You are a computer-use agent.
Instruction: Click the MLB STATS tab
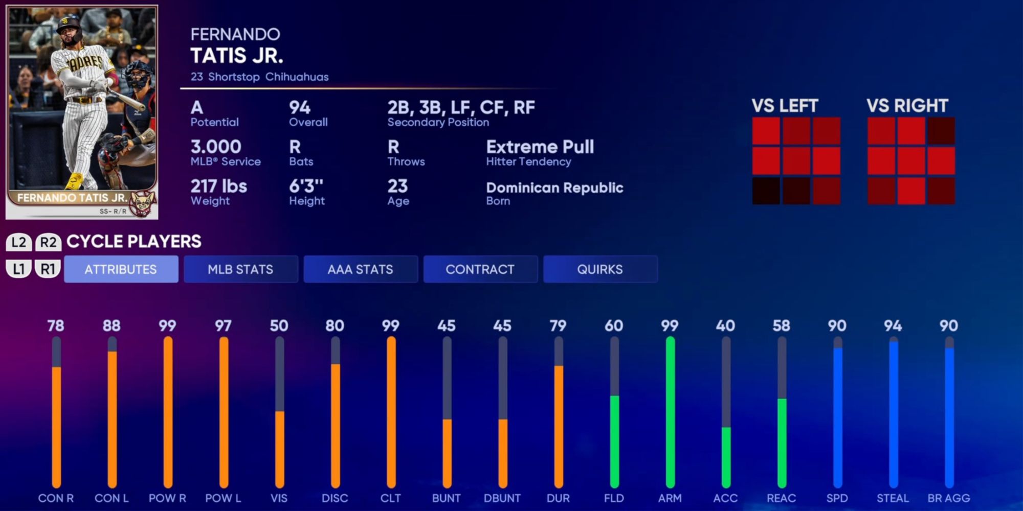pyautogui.click(x=240, y=269)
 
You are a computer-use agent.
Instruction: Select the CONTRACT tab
pyautogui.click(x=480, y=269)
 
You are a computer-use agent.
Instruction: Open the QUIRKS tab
pyautogui.click(x=600, y=269)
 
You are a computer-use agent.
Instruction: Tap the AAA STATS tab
pyautogui.click(x=360, y=269)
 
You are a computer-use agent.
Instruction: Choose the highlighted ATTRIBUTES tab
pyautogui.click(x=121, y=269)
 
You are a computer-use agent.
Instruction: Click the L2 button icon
pyautogui.click(x=19, y=242)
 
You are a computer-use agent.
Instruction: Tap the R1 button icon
pyautogui.click(x=48, y=269)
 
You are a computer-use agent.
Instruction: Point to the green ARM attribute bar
pyautogui.click(x=670, y=411)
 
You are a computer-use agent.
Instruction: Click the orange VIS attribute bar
pyautogui.click(x=279, y=449)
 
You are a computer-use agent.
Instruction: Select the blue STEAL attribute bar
pyautogui.click(x=894, y=414)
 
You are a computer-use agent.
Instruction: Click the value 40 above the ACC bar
pyautogui.click(x=725, y=326)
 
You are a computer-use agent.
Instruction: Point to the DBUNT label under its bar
pyautogui.click(x=502, y=498)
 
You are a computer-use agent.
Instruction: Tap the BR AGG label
pyautogui.click(x=949, y=498)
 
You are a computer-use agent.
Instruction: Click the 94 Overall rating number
pyautogui.click(x=300, y=108)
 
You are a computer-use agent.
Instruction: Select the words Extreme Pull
pyautogui.click(x=540, y=147)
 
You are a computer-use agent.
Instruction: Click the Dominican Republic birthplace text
pyautogui.click(x=554, y=188)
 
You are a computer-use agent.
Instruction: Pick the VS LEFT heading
pyautogui.click(x=785, y=106)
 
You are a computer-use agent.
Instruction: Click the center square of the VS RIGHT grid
pyautogui.click(x=911, y=161)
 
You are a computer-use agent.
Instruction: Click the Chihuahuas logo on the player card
pyautogui.click(x=143, y=203)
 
